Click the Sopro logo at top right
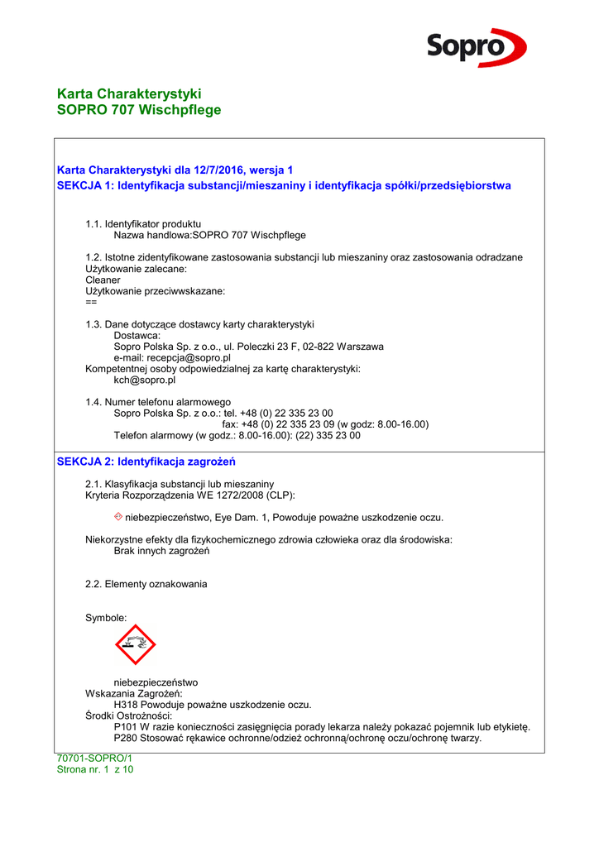click(x=476, y=46)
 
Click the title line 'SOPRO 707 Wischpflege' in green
click(x=139, y=110)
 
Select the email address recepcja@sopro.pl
click(x=189, y=357)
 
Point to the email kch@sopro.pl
click(x=144, y=380)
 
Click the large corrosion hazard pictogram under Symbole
click(x=135, y=644)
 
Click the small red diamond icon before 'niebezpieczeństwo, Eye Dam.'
click(x=118, y=517)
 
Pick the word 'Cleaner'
click(x=103, y=280)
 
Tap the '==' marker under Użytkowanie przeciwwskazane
click(x=91, y=302)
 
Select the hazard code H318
click(x=126, y=705)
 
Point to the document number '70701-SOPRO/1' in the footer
click(x=94, y=758)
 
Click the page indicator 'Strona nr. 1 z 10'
click(x=94, y=769)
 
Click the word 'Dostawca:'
click(x=137, y=335)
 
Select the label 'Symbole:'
click(x=106, y=618)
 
